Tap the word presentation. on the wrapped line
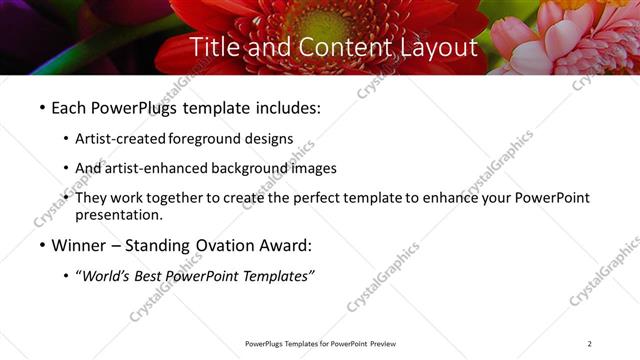(118, 214)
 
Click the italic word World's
(107, 276)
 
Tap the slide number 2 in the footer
(590, 344)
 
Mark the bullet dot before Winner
(41, 246)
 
